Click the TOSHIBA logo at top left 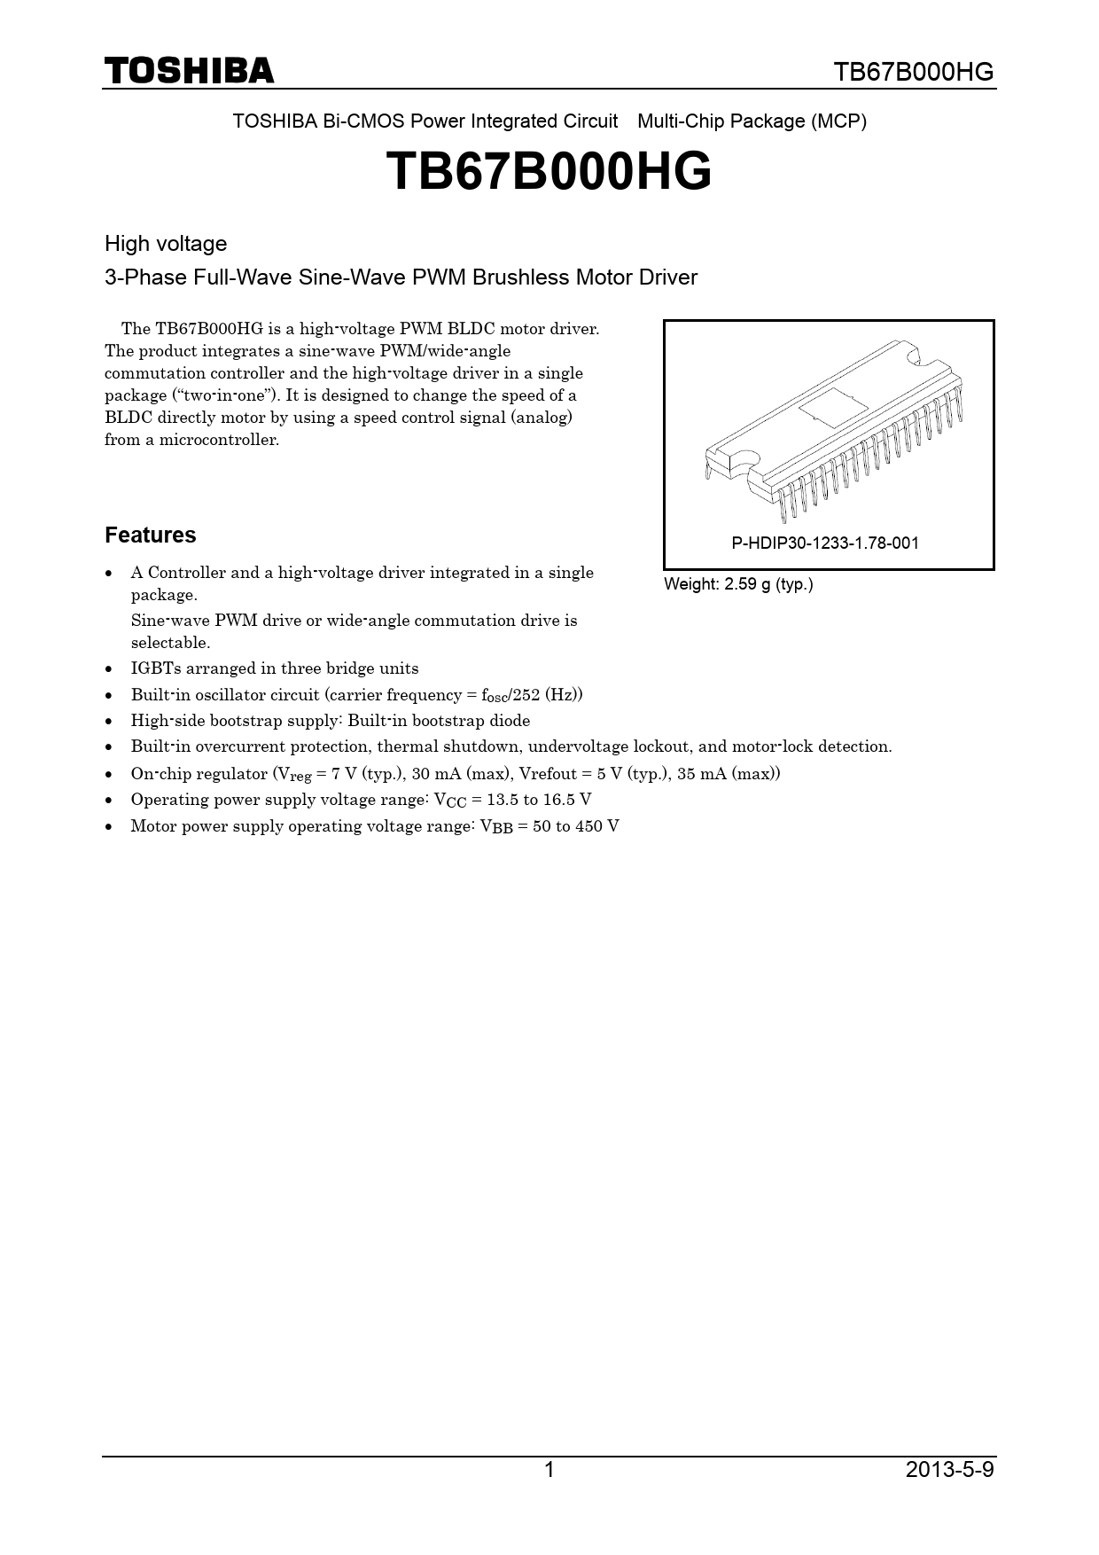click(189, 71)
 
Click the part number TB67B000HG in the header click(914, 72)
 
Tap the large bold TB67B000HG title click(549, 171)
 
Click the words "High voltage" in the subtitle click(166, 244)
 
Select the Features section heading click(150, 535)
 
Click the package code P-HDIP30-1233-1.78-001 click(825, 543)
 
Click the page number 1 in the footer click(549, 1471)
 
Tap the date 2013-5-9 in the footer click(949, 1471)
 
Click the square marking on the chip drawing click(833, 409)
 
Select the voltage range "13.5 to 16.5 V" click(539, 800)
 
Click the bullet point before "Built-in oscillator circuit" click(109, 696)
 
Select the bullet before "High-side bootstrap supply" click(109, 722)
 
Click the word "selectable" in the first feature click(169, 643)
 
